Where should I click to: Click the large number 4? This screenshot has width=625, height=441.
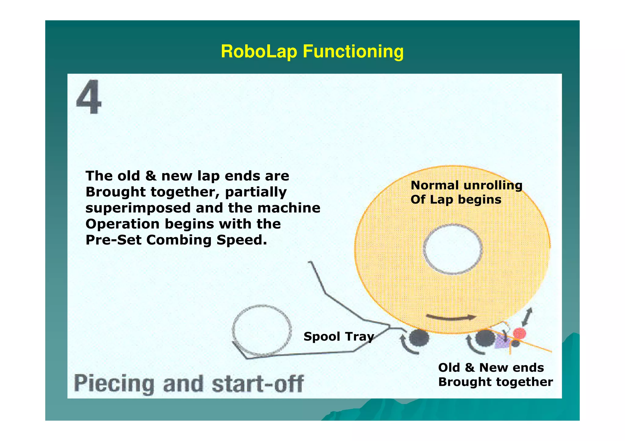point(89,97)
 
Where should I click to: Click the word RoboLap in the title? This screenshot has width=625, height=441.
point(258,51)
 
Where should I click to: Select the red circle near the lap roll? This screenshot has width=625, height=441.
point(519,333)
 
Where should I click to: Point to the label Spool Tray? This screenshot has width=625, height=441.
point(338,336)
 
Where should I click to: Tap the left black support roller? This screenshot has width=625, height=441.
point(419,338)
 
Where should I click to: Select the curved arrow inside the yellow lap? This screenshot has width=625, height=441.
point(451,318)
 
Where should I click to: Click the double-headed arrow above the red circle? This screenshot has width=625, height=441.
point(527,317)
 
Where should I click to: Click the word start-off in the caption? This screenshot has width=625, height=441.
point(258,383)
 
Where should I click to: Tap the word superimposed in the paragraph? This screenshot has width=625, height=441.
point(138,208)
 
